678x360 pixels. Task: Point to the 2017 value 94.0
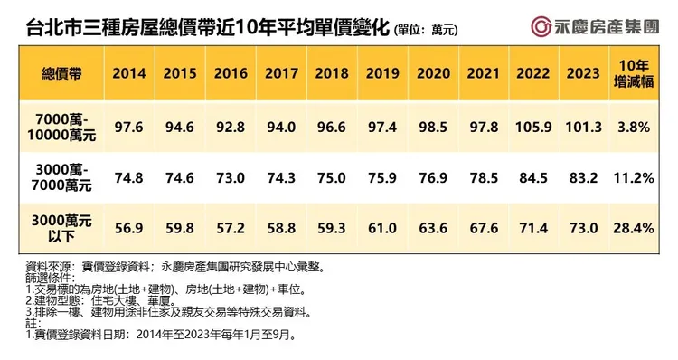(279, 127)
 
